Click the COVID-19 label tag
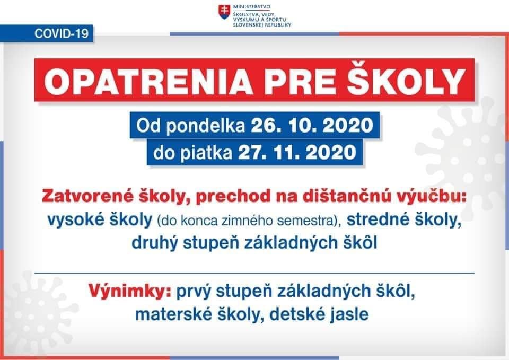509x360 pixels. tap(47, 33)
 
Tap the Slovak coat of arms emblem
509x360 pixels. tap(223, 12)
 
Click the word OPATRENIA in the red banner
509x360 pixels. tap(148, 81)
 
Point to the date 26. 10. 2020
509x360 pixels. tap(312, 125)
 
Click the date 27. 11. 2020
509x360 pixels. tap(297, 152)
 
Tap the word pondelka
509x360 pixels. tap(205, 126)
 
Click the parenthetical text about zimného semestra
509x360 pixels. tap(249, 221)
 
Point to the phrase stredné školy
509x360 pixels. tap(404, 220)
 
